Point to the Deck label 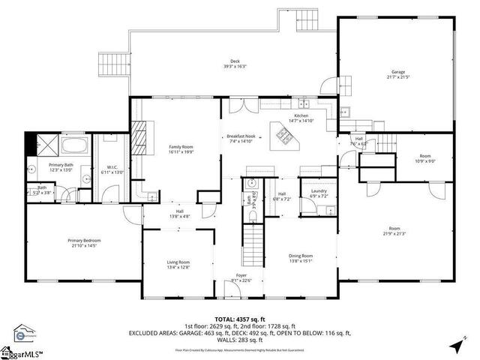click(x=234, y=63)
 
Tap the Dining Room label click(x=301, y=258)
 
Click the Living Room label click(x=178, y=263)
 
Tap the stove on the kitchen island click(x=286, y=136)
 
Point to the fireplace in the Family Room click(x=136, y=135)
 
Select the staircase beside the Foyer click(x=253, y=241)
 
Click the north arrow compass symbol click(x=457, y=346)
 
